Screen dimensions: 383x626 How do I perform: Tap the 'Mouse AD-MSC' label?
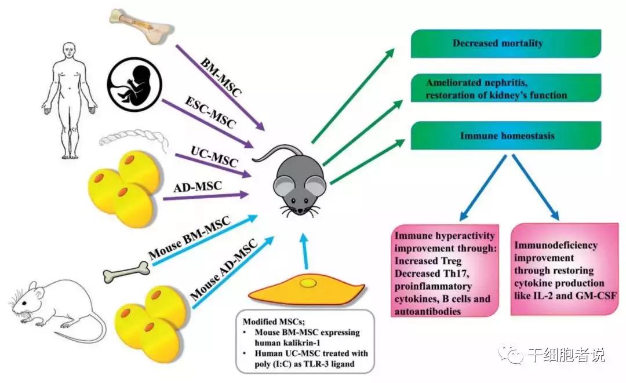click(224, 264)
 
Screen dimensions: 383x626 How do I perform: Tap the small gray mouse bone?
click(126, 271)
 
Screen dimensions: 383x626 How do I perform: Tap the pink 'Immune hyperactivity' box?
click(445, 270)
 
